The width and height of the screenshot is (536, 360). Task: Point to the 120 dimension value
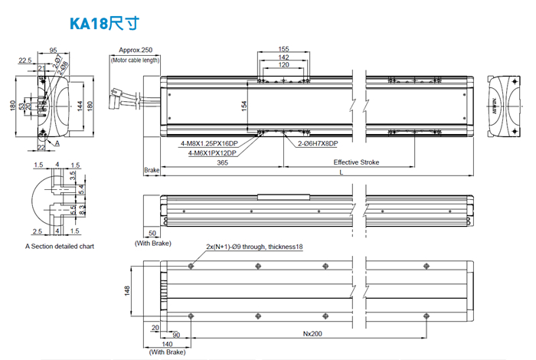284,66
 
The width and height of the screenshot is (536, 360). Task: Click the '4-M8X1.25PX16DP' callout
209,143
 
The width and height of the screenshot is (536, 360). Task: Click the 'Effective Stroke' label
356,162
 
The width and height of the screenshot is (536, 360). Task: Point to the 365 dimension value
222,162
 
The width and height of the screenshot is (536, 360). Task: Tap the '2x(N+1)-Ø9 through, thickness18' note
255,247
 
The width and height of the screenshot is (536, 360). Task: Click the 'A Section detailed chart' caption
60,247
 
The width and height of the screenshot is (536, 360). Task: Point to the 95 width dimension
54,51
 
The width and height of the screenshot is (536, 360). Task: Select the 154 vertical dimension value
245,106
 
